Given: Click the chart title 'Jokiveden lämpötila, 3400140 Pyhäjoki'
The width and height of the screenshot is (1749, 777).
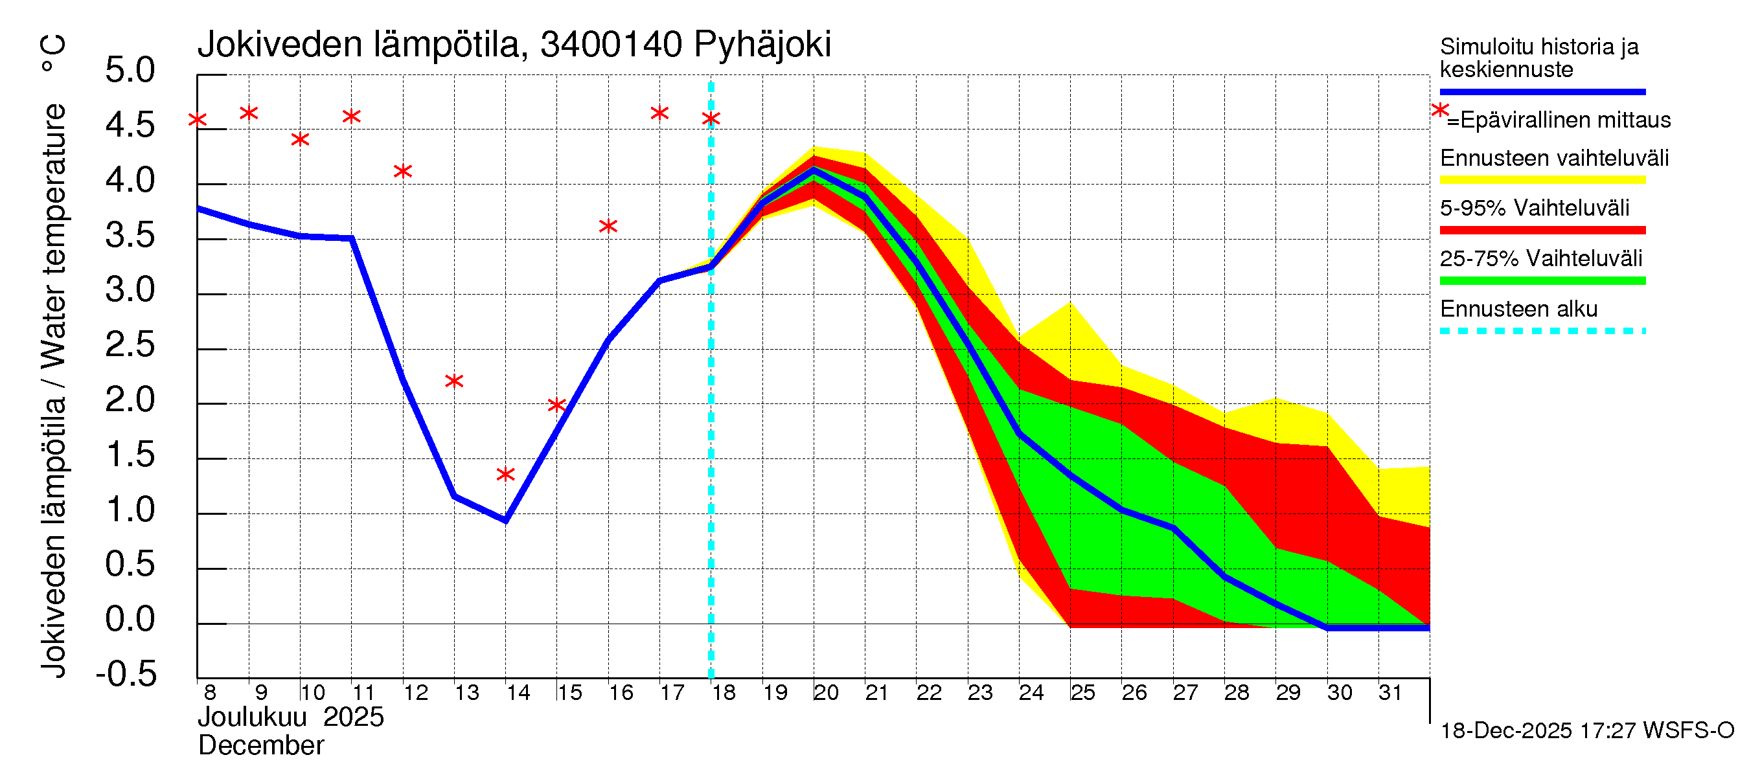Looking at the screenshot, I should [514, 45].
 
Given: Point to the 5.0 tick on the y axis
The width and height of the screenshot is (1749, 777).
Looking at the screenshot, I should [130, 71].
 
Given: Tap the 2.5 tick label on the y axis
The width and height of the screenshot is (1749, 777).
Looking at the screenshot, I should [130, 345].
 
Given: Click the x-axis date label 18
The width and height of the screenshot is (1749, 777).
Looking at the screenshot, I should [724, 693].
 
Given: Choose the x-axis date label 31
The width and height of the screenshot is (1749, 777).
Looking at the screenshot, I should [1390, 693].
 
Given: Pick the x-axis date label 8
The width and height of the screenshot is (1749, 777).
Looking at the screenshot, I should [210, 693].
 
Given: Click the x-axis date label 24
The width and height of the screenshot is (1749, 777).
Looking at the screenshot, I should [1031, 693].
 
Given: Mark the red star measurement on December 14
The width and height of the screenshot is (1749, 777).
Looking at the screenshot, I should [505, 475].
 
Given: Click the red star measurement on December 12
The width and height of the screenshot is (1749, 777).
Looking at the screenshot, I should [403, 171].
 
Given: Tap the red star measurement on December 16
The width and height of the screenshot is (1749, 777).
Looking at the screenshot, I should [608, 226].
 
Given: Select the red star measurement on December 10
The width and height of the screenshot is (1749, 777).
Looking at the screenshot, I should [300, 140].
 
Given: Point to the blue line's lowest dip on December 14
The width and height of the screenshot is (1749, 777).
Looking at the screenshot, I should [505, 520].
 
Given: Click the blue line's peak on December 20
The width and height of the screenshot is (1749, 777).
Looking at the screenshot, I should [814, 170].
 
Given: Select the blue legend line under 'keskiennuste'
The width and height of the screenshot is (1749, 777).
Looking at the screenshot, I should [1542, 91].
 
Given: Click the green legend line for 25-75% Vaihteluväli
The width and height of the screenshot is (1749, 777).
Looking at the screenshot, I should [1542, 281].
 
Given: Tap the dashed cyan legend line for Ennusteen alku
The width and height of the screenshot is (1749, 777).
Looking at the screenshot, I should [1542, 331].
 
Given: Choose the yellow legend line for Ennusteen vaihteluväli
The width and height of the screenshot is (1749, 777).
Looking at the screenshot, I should [1542, 181].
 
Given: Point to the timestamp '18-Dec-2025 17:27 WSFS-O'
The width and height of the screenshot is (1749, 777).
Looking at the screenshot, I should [1586, 731].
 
